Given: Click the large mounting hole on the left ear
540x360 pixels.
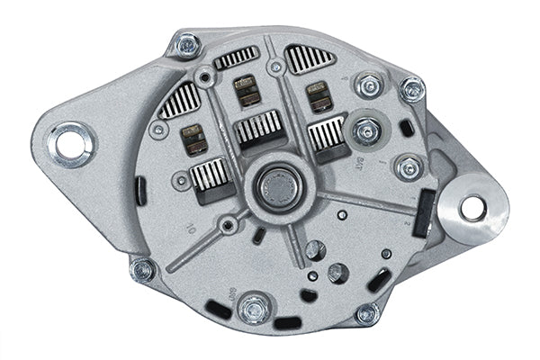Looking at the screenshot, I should (67, 141).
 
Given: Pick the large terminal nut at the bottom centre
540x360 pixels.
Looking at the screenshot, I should (255, 309).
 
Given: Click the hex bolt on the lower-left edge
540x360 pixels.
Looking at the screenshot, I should (142, 269).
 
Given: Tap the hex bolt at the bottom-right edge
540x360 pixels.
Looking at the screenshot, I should (366, 313).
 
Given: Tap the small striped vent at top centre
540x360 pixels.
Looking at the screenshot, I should (237, 58).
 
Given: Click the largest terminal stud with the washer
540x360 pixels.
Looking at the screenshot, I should (365, 131).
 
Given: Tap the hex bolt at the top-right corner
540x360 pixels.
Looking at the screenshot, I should (411, 88).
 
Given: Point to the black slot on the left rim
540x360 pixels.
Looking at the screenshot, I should (139, 191).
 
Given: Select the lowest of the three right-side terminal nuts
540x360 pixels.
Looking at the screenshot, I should (409, 168).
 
